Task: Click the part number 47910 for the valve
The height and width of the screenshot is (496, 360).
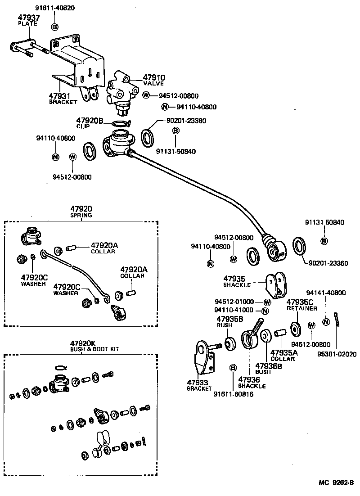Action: (154, 77)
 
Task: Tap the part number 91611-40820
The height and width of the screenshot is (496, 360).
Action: (55, 8)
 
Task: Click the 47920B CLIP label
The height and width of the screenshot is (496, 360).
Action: (90, 123)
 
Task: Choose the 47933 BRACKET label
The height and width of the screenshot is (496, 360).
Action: (199, 386)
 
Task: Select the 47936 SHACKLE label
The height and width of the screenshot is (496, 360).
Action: (252, 383)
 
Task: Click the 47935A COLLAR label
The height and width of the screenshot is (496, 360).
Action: (283, 356)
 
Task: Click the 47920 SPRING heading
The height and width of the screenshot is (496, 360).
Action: (81, 212)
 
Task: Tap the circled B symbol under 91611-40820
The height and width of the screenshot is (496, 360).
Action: (55, 27)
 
